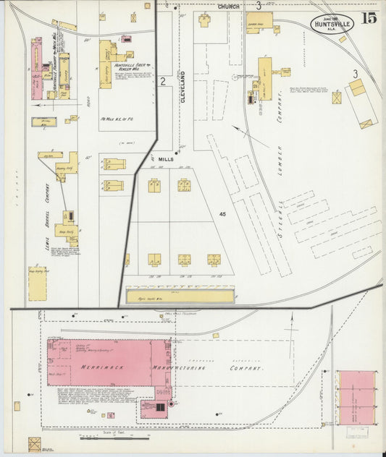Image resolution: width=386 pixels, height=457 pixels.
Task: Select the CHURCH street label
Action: (230, 7)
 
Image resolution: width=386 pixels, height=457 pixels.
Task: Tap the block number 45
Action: (222, 213)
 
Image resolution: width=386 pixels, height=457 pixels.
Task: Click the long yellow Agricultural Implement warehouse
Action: (180, 296)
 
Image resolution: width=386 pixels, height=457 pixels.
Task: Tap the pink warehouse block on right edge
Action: (358, 398)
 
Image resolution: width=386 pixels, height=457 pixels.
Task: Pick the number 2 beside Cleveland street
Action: (164, 80)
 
